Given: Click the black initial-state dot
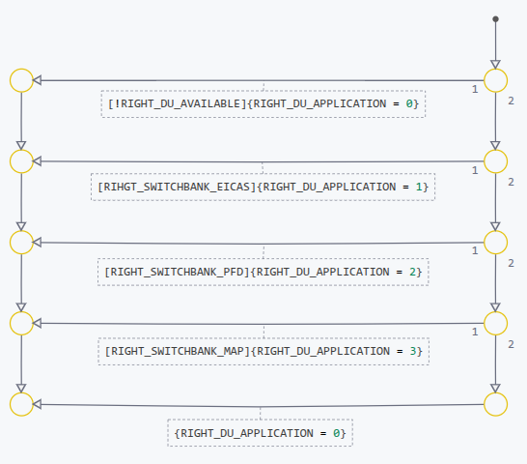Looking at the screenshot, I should (x=495, y=18).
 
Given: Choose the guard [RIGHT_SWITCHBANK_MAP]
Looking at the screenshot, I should (x=178, y=350).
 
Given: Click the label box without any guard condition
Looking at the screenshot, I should (x=260, y=432).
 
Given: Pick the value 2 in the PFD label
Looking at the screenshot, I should (x=412, y=272).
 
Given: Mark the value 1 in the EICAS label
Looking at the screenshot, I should (x=420, y=186).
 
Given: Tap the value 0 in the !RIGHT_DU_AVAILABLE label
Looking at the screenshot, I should (x=409, y=102).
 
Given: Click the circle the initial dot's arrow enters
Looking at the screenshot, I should (x=495, y=80).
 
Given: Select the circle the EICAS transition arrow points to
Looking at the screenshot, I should (x=21, y=161).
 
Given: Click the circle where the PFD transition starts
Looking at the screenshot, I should (x=495, y=242).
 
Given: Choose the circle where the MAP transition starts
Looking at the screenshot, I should (x=495, y=323).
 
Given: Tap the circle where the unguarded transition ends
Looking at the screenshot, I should (x=21, y=404).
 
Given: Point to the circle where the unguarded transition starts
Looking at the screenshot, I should (x=495, y=404).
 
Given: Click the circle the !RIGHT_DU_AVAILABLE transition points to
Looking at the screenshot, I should (x=21, y=80).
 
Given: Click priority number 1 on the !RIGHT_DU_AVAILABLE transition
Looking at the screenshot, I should (x=475, y=90).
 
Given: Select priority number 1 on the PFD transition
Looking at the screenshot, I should (x=475, y=251).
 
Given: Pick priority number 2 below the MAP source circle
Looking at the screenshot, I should (x=511, y=344).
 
